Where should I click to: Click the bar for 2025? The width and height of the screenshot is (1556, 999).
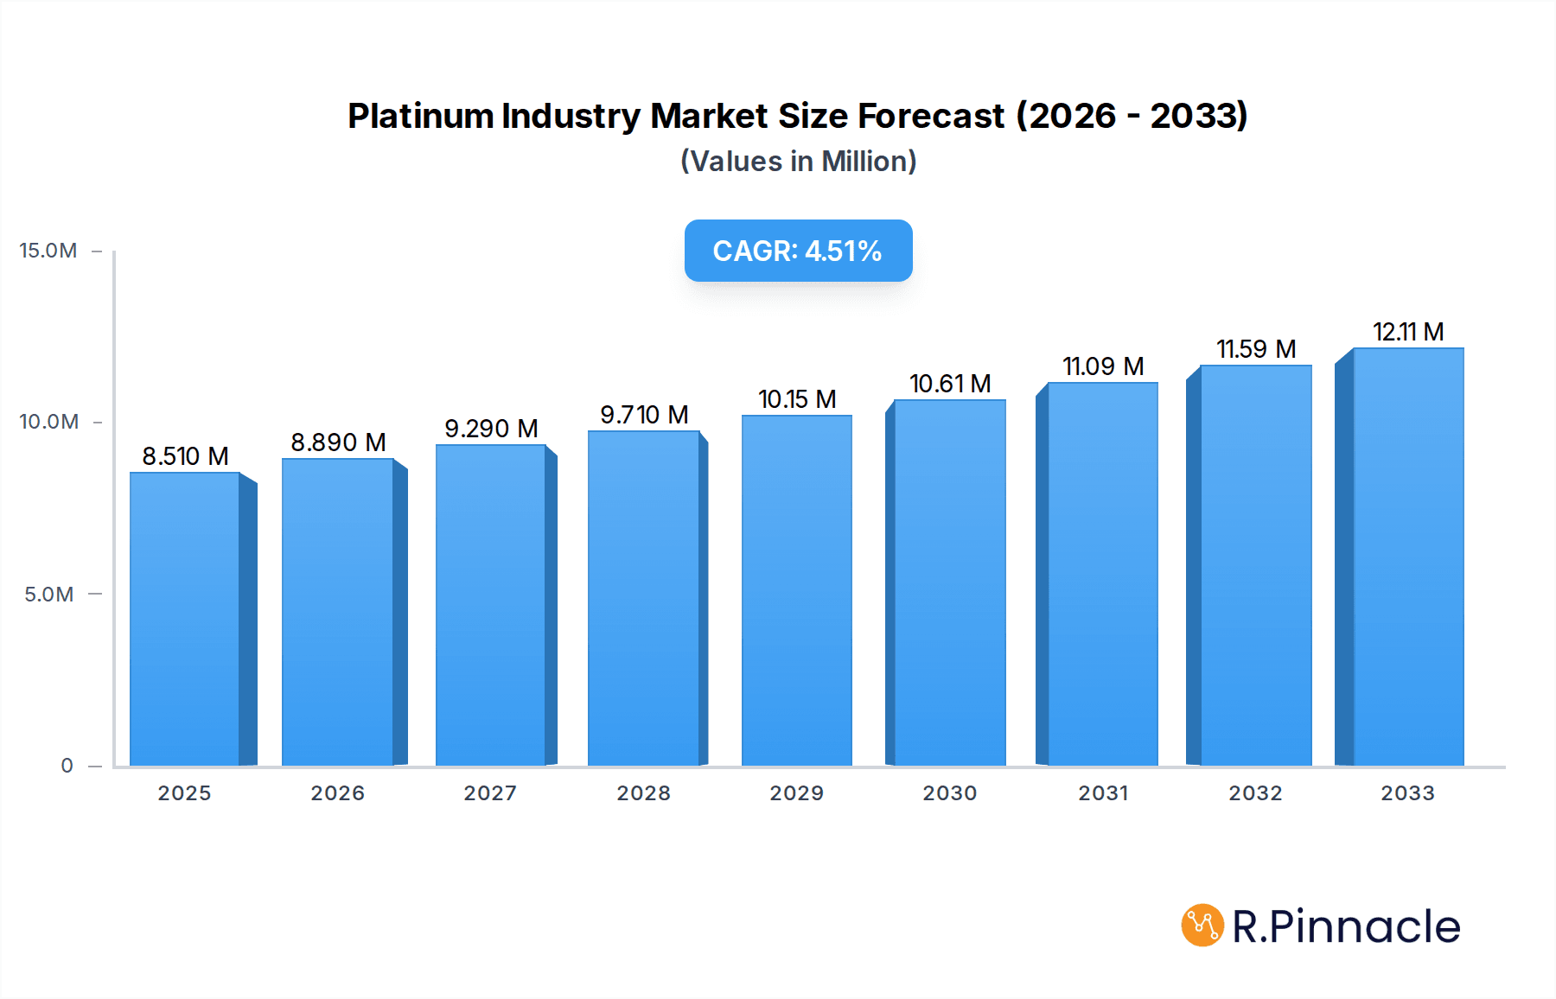pyautogui.click(x=185, y=619)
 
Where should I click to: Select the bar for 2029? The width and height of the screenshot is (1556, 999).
pyautogui.click(x=796, y=590)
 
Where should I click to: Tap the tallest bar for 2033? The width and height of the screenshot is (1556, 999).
pyautogui.click(x=1408, y=557)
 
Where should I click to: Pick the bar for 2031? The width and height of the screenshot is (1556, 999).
pyautogui.click(x=1102, y=574)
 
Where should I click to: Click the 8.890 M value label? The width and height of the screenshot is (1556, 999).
pyautogui.click(x=338, y=442)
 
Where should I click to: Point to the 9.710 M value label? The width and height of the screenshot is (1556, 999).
pyautogui.click(x=644, y=415)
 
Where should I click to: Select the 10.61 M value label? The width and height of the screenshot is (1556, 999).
pyautogui.click(x=949, y=384)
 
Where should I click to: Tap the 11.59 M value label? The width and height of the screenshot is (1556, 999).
pyautogui.click(x=1256, y=349)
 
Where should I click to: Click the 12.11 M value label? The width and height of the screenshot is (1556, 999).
pyautogui.click(x=1408, y=332)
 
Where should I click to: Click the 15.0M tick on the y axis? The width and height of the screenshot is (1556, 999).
pyautogui.click(x=48, y=251)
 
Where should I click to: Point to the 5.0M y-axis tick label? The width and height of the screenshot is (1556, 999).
pyautogui.click(x=49, y=595)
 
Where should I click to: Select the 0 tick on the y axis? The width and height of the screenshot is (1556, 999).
pyautogui.click(x=67, y=766)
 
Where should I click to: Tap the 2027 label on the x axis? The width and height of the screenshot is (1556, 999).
pyautogui.click(x=490, y=793)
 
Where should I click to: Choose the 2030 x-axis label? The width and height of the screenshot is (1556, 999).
pyautogui.click(x=949, y=793)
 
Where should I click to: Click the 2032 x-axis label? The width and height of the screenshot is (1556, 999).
pyautogui.click(x=1255, y=793)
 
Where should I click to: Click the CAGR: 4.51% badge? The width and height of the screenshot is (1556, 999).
pyautogui.click(x=798, y=251)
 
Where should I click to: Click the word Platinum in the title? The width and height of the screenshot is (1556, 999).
pyautogui.click(x=420, y=116)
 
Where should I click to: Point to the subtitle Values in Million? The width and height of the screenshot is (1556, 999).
pyautogui.click(x=798, y=162)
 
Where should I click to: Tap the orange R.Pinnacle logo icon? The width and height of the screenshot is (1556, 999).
pyautogui.click(x=1202, y=926)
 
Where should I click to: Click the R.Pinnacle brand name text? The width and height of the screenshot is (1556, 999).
pyautogui.click(x=1346, y=926)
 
